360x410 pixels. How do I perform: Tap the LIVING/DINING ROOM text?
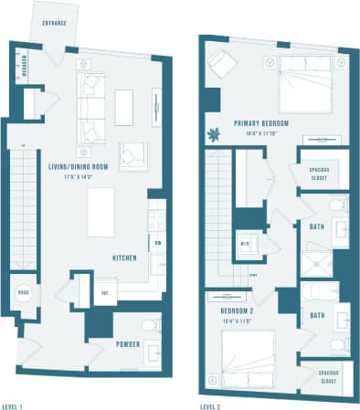(79, 167)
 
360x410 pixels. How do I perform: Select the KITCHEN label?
(124, 258)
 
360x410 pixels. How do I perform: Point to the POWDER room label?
(127, 345)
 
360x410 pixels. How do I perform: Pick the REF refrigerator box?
(105, 293)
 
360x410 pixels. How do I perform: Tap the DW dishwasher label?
(157, 243)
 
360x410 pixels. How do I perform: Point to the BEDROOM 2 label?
(224, 298)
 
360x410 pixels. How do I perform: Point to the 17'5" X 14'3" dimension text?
(79, 176)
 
